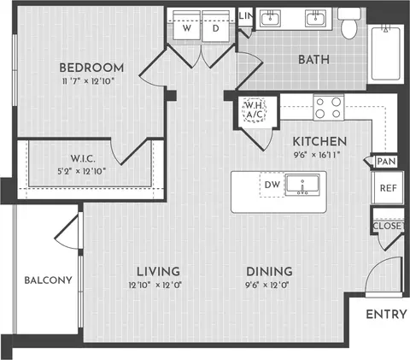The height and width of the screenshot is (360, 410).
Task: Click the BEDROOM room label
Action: tap(91, 68)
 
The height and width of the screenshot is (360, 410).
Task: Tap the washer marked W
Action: tap(187, 26)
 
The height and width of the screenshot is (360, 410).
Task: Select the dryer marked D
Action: tap(216, 26)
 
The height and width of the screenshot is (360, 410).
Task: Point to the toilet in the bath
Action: tap(349, 23)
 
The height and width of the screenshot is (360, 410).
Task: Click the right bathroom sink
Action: tap(316, 19)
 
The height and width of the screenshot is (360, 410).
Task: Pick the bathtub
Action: tap(386, 54)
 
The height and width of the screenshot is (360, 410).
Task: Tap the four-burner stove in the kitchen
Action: tap(328, 108)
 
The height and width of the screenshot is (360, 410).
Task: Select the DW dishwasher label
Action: tap(272, 185)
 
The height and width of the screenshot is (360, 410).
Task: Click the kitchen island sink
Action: tap(302, 186)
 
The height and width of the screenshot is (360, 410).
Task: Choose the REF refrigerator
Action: tap(388, 187)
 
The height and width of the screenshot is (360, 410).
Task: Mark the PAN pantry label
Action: tap(386, 162)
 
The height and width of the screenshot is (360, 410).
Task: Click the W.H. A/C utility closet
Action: tap(255, 110)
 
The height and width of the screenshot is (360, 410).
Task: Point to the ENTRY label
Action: tap(386, 315)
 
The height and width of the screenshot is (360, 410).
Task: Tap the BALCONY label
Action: tap(48, 280)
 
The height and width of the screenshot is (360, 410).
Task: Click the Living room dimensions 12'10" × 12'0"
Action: tap(155, 285)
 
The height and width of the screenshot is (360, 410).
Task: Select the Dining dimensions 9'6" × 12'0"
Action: tap(267, 285)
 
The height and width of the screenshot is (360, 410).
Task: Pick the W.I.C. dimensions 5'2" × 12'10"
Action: tap(82, 172)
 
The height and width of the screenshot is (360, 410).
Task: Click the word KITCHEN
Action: tap(319, 141)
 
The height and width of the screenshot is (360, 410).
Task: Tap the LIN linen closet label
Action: tap(245, 16)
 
